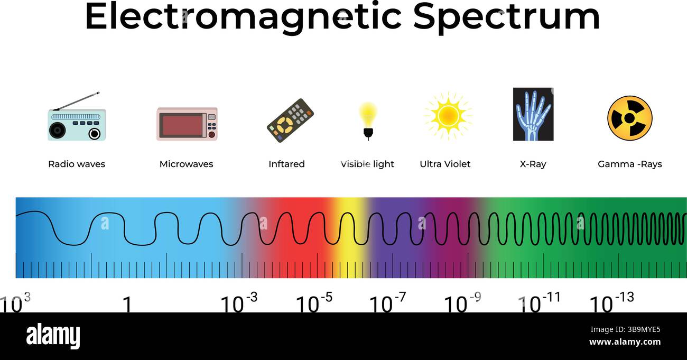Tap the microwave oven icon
[187, 124]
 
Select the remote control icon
[290, 120]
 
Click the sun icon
[448, 116]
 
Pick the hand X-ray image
[533, 114]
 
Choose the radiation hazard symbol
[629, 118]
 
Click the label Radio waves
[77, 164]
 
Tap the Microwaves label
[186, 164]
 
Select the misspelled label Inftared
[286, 164]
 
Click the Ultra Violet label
[445, 164]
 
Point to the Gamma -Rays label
[629, 164]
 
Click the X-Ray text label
[533, 164]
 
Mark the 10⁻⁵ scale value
[314, 303]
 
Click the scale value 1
[127, 304]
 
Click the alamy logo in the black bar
[53, 336]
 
